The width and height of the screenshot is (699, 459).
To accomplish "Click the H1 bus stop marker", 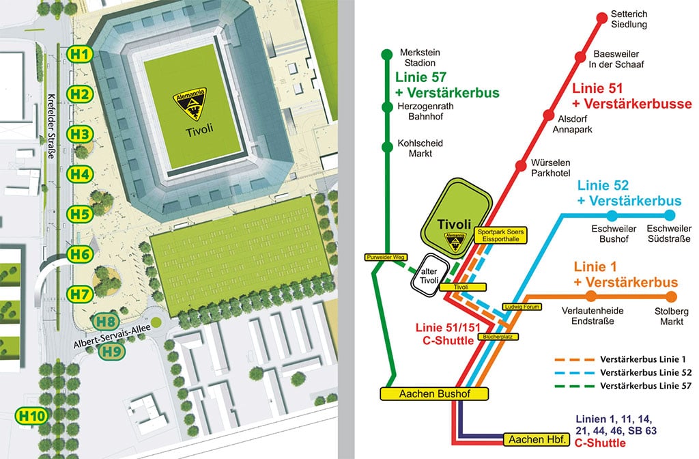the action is pos(80,55).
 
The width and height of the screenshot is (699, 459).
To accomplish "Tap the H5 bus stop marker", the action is pos(80,214).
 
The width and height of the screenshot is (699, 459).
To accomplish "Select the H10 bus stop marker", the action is pos(31,416).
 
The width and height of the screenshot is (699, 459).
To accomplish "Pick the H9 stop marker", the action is pos(111,352).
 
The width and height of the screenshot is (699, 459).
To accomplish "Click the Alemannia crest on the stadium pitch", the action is pos(190,104).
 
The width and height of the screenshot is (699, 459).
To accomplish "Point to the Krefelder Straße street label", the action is pos(52,126).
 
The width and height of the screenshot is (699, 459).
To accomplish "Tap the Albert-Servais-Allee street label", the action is pos(112,336).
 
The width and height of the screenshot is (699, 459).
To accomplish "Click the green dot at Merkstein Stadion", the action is pos(387,55).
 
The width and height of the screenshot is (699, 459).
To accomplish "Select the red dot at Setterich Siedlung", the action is pos(602,18).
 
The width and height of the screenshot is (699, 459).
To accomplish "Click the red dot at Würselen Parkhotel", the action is pos(521,166).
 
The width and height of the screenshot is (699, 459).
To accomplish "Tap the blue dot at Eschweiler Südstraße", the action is pos(670,216).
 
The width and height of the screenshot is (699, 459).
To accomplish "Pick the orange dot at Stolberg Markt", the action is pos(671,296).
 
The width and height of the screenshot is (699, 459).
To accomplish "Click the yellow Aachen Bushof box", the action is pos(434,394).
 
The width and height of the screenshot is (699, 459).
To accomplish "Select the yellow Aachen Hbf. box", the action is pos(537,439).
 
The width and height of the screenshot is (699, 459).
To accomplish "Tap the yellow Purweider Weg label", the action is pos(386,258).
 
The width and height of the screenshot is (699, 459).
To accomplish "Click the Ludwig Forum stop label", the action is pos(522,307).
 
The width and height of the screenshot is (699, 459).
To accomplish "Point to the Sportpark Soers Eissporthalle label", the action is pos(500,235).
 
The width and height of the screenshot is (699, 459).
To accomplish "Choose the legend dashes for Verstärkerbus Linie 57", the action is pos(575,387).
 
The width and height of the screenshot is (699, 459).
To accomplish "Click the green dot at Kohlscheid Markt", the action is pos(387,147).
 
